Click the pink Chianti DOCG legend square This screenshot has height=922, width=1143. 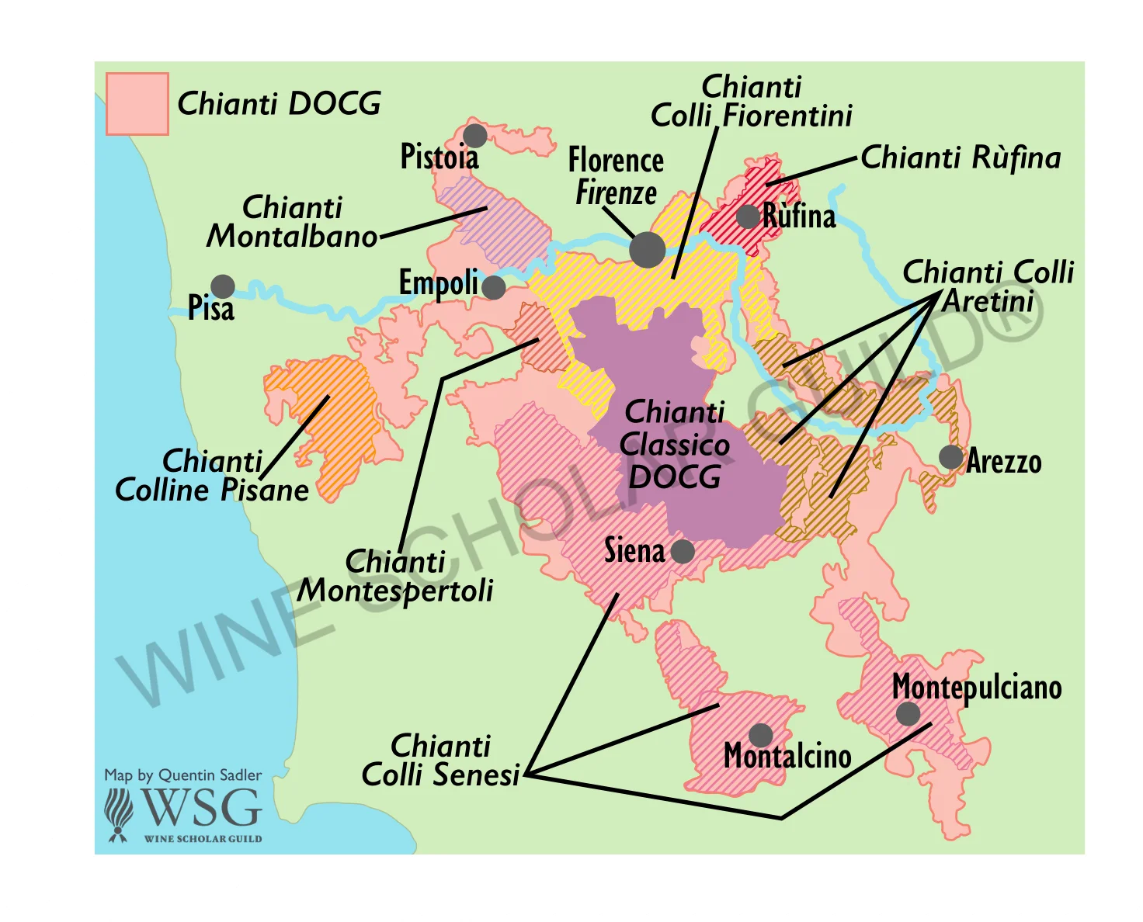click(137, 104)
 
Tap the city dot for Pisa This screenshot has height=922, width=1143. click(223, 286)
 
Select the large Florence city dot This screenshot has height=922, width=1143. click(647, 250)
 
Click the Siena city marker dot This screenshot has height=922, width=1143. click(683, 552)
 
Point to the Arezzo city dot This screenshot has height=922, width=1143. click(950, 457)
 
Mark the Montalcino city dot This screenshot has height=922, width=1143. click(760, 735)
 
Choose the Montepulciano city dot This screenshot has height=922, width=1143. click(907, 713)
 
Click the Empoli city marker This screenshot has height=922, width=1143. click(493, 288)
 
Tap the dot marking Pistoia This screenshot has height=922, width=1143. click(474, 136)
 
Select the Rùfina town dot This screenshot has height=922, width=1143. click(748, 217)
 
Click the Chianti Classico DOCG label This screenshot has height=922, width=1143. click(674, 445)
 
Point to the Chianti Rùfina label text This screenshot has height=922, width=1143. click(961, 158)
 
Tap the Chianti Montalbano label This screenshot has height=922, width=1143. click(292, 222)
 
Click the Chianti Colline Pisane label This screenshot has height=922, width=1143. click(212, 476)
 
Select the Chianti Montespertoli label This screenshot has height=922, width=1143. click(395, 576)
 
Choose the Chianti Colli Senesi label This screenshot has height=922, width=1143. click(440, 760)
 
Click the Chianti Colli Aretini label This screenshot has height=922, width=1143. click(988, 286)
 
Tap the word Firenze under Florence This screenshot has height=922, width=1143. click(616, 192)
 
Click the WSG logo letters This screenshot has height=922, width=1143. click(200, 808)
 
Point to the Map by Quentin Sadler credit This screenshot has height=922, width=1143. click(183, 775)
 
